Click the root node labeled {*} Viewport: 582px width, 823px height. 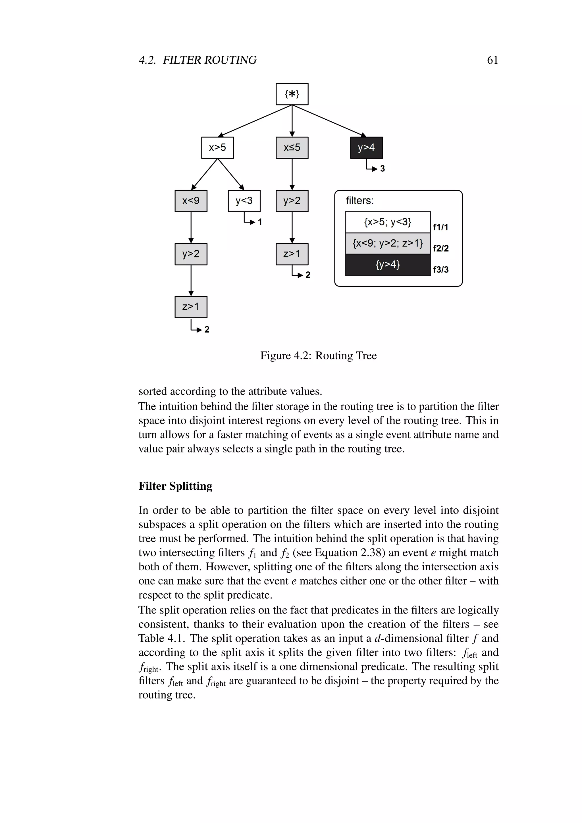pyautogui.click(x=292, y=94)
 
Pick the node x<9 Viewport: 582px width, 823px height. pyautogui.click(x=191, y=201)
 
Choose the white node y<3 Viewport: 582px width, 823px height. pyautogui.click(x=244, y=201)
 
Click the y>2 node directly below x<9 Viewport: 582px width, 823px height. pyautogui.click(x=191, y=254)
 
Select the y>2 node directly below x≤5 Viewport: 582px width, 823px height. pyautogui.click(x=292, y=201)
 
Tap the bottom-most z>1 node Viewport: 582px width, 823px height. pyautogui.click(x=191, y=307)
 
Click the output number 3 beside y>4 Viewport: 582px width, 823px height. pyautogui.click(x=383, y=169)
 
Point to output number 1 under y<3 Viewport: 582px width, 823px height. pyautogui.click(x=260, y=222)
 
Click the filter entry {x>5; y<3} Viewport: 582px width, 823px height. pyautogui.click(x=387, y=222)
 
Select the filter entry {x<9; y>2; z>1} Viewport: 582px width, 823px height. pyautogui.click(x=387, y=243)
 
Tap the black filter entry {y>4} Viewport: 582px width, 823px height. pyautogui.click(x=387, y=265)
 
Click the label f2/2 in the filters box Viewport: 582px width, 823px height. pyautogui.click(x=440, y=248)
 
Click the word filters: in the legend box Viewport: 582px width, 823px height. pyautogui.click(x=359, y=201)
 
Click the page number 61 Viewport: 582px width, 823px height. pyautogui.click(x=492, y=60)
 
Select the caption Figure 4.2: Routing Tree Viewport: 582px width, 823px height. pyautogui.click(x=318, y=356)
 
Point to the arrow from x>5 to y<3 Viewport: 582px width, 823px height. pyautogui.click(x=231, y=174)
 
